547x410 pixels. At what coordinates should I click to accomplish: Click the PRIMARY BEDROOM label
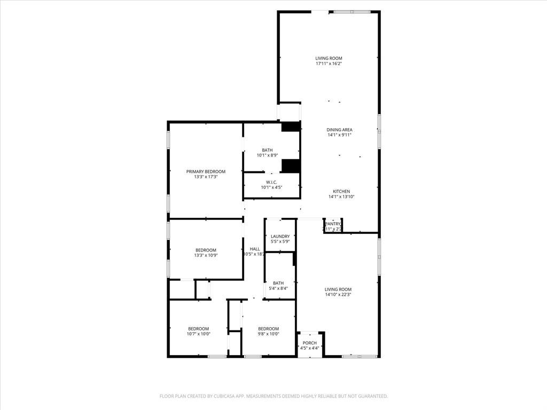[206, 171]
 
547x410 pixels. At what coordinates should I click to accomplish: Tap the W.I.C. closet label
[271, 182]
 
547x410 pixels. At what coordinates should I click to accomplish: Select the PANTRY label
[333, 224]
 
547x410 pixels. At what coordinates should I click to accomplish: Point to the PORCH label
[310, 343]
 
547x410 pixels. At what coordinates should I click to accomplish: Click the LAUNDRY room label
[280, 236]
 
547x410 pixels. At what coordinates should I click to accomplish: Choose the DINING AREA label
[340, 130]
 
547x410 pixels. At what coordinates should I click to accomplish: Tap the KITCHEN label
[341, 191]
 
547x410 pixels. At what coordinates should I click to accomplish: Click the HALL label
[255, 249]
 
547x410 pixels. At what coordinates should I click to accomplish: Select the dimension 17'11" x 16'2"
[329, 64]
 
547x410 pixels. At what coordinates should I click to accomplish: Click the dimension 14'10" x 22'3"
[338, 294]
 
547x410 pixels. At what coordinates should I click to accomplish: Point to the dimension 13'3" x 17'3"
[206, 177]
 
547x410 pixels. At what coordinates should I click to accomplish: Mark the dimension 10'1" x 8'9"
[267, 155]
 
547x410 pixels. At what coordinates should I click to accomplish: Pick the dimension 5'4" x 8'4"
[278, 288]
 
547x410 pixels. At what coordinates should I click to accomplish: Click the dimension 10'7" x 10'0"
[199, 334]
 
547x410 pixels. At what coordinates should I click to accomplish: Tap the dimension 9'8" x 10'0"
[269, 334]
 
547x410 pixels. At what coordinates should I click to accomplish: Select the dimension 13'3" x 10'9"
[206, 255]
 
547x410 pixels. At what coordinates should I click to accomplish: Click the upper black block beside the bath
[291, 127]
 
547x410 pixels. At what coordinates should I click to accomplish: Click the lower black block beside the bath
[291, 166]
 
